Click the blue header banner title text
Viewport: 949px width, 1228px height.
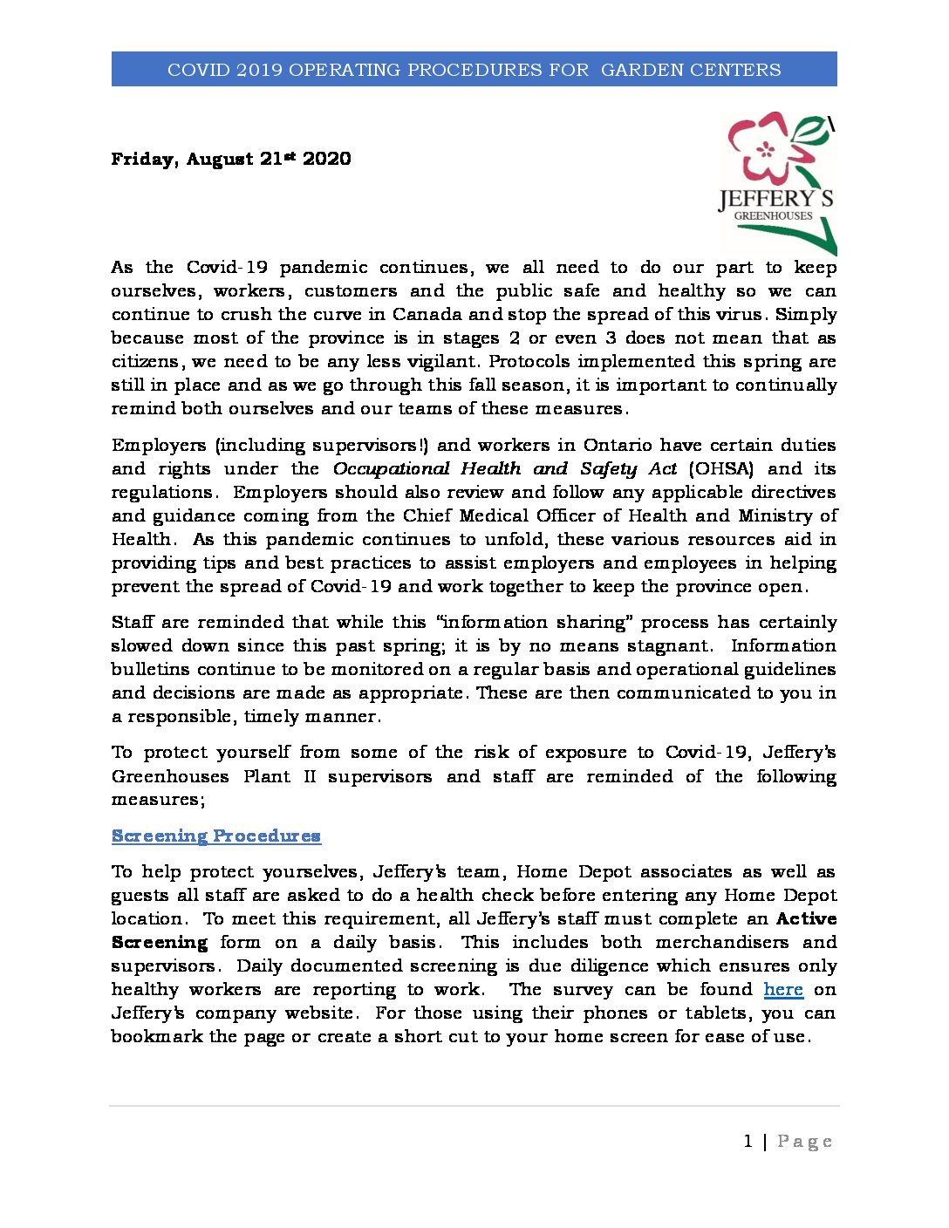pyautogui.click(x=474, y=70)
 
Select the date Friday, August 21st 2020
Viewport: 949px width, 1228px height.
pyautogui.click(x=231, y=159)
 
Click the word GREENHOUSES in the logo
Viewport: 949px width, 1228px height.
pyautogui.click(x=773, y=215)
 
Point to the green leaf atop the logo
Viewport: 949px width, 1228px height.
pyautogui.click(x=811, y=130)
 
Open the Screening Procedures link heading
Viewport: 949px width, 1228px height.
pyautogui.click(x=216, y=836)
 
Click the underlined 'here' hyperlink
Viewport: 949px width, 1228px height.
pyautogui.click(x=783, y=989)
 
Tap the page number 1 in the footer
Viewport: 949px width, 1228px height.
pyautogui.click(x=748, y=1141)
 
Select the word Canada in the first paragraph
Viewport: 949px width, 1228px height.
pyautogui.click(x=427, y=314)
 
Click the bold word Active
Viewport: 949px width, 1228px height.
pyautogui.click(x=806, y=918)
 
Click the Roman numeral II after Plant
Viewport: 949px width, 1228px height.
pyautogui.click(x=309, y=776)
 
